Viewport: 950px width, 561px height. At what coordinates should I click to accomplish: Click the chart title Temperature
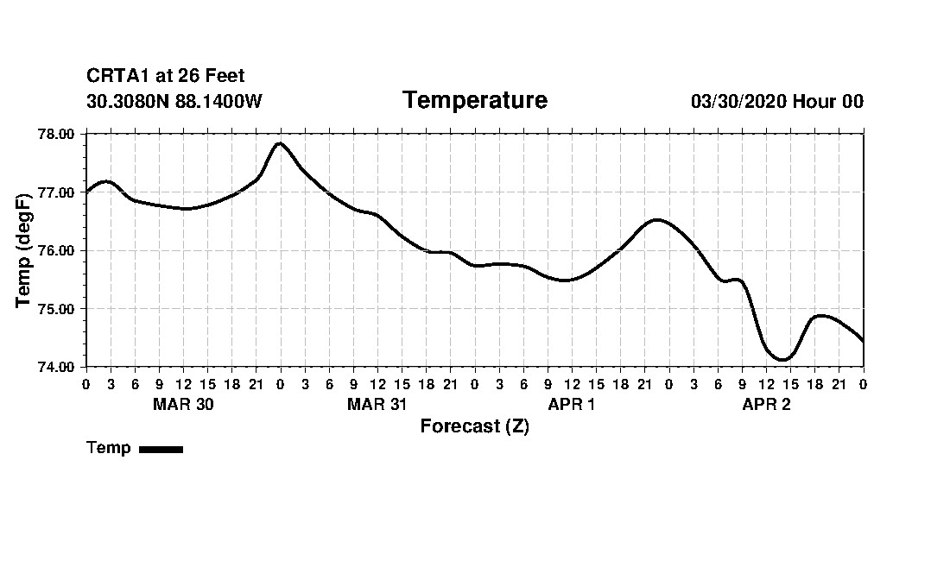tap(474, 101)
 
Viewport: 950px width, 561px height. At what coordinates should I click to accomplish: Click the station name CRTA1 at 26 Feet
tap(166, 77)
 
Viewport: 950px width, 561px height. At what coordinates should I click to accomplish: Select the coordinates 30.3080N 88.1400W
tap(174, 102)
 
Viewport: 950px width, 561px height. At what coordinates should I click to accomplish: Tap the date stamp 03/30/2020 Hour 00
tap(776, 102)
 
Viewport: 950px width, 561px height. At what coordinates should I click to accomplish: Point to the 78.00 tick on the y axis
tap(58, 134)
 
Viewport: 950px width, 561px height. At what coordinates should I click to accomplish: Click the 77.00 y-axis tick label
tap(58, 192)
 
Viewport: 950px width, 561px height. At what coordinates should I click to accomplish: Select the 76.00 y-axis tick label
tap(58, 250)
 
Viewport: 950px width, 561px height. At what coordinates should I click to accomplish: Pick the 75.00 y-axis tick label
tap(58, 309)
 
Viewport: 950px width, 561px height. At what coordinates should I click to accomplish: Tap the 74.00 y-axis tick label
tap(58, 367)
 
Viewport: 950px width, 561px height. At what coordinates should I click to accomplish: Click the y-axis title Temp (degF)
tap(24, 250)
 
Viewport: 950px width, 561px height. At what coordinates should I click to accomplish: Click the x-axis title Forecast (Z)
tap(474, 426)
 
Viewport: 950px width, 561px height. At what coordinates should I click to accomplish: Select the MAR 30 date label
tap(183, 405)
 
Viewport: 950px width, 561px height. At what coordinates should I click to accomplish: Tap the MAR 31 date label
tap(377, 405)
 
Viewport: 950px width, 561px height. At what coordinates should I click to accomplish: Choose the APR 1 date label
tap(572, 405)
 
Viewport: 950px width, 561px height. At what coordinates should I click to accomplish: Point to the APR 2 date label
tap(766, 405)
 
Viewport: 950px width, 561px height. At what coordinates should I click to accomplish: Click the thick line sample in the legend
tap(161, 449)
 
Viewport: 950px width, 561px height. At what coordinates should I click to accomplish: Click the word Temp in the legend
tap(109, 448)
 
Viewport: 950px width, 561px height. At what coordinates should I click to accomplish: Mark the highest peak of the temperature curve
tap(280, 143)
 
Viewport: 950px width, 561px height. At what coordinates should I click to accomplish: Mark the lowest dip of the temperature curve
tap(782, 359)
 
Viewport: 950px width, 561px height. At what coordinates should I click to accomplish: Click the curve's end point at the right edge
tap(863, 341)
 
